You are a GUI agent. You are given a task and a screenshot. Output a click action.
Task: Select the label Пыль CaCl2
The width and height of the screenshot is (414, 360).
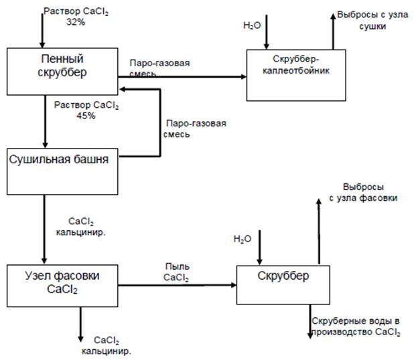click(176, 272)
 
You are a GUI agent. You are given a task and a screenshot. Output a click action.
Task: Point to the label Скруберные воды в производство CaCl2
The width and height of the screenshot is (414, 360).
click(356, 327)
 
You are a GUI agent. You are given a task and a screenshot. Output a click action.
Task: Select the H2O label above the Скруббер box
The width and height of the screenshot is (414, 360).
click(243, 238)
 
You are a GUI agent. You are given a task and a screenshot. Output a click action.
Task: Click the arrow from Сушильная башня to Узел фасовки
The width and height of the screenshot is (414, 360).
click(44, 228)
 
